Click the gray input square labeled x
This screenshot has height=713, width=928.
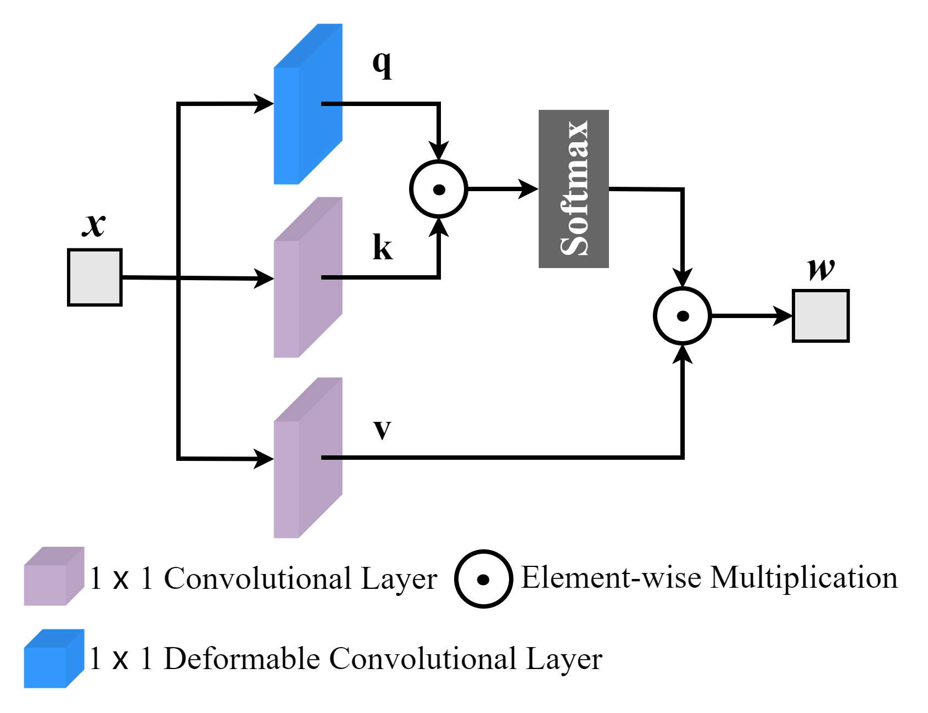coord(94,277)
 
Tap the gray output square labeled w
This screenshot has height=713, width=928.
coord(820,316)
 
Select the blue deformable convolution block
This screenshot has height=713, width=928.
coord(308,104)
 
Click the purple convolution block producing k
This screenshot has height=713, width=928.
coord(308,277)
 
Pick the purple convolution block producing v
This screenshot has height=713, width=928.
coord(308,458)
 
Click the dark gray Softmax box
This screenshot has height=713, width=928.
coord(573,189)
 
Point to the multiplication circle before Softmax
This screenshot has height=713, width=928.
coord(438,189)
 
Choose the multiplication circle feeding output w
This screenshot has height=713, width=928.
coord(682,316)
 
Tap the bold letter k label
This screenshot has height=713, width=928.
coord(382,247)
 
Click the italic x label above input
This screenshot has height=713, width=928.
coord(94,224)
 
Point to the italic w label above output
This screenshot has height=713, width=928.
coord(821,269)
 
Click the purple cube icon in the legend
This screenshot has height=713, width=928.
coord(53,577)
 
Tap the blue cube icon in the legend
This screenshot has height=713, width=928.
coord(53,659)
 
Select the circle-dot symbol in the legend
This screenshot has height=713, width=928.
coord(483,579)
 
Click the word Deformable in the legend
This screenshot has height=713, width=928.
coord(242,658)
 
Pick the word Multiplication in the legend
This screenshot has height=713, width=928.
coord(804,577)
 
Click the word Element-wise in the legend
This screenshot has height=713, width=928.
coord(611,577)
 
